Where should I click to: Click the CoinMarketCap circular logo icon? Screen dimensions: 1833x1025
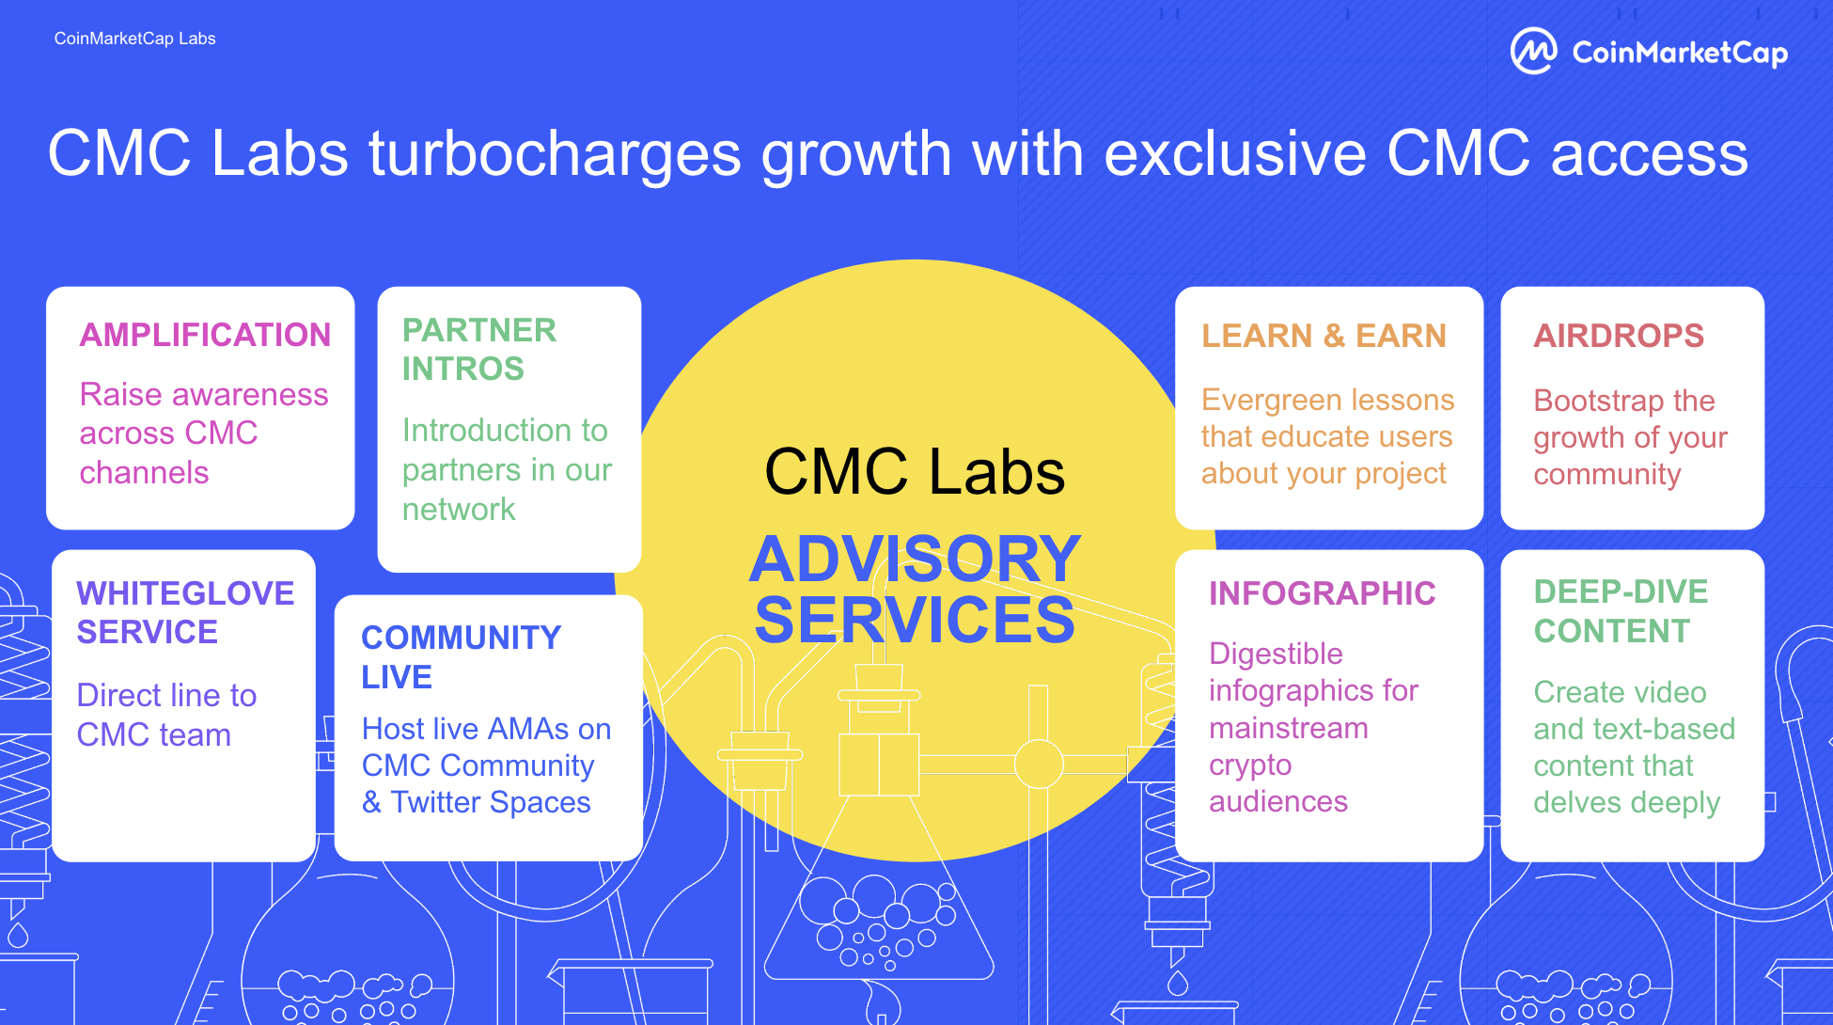[x=1533, y=51]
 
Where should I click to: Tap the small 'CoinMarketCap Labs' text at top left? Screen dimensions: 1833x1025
[x=134, y=39]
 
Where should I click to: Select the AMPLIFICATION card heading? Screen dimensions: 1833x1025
[x=205, y=335]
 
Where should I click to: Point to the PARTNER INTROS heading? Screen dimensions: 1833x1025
[x=479, y=349]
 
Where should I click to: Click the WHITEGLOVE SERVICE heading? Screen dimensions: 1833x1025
[x=185, y=612]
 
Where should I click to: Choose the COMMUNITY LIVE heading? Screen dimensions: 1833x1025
[x=461, y=656]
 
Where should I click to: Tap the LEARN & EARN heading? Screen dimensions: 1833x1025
[x=1324, y=336]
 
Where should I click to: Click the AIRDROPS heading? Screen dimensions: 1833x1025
[x=1619, y=336]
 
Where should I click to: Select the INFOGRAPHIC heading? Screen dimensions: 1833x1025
[x=1322, y=593]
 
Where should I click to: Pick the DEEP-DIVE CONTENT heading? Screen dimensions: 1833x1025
[x=1621, y=611]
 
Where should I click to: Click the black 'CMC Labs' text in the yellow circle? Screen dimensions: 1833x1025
[x=915, y=471]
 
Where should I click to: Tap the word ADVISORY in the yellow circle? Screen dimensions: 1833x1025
[x=915, y=559]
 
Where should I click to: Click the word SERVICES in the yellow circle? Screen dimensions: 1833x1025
[x=915, y=620]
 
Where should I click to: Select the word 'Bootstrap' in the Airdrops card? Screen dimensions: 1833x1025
[x=1598, y=402]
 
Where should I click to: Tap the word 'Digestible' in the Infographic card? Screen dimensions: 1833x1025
[x=1276, y=654]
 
